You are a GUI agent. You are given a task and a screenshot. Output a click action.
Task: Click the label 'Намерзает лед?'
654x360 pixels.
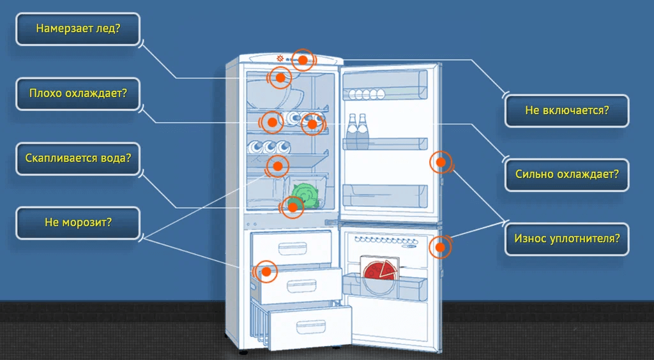click(78, 29)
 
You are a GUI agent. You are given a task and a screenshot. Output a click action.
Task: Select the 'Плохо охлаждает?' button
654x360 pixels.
click(78, 93)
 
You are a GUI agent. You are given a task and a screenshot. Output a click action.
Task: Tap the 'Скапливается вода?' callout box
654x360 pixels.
click(78, 158)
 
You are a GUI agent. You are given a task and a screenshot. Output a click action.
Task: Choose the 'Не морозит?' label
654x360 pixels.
click(78, 223)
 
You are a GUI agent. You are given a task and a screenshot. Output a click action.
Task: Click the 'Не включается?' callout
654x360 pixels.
click(567, 110)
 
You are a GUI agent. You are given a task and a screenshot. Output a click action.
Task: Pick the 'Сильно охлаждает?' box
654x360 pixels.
click(567, 174)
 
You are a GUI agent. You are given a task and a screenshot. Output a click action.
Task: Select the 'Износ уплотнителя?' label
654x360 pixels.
click(567, 239)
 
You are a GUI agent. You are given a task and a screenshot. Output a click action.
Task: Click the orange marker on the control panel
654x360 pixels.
click(303, 60)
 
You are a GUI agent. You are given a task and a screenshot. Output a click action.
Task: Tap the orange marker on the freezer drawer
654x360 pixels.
click(266, 272)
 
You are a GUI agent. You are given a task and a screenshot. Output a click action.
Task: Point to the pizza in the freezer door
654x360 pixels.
click(381, 271)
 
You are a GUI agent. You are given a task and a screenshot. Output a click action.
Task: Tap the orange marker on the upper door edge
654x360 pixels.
click(441, 162)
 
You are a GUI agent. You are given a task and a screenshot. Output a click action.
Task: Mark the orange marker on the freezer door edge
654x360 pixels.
click(439, 246)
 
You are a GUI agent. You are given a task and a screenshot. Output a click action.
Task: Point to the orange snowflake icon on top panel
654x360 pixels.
click(280, 59)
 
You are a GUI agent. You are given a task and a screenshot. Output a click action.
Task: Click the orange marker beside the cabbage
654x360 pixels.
click(292, 206)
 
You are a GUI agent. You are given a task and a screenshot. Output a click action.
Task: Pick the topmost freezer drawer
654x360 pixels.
click(292, 244)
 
